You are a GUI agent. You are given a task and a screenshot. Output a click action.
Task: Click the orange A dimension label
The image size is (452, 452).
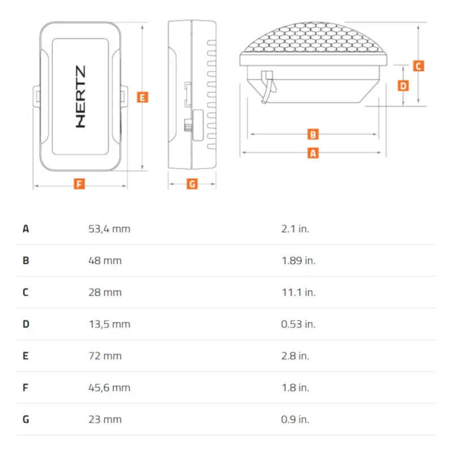(x=313, y=153)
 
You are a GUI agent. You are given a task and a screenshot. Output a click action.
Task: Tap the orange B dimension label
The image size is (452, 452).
(x=313, y=134)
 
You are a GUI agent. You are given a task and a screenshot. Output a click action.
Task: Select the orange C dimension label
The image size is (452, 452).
(x=418, y=66)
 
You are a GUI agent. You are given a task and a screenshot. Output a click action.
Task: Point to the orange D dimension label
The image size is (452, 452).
(x=403, y=86)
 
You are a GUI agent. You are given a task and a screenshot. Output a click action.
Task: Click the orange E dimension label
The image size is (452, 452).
(x=142, y=97)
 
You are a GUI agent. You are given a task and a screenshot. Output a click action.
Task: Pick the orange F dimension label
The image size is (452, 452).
(x=79, y=184)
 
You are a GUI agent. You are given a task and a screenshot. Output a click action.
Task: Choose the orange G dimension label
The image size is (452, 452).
(x=192, y=184)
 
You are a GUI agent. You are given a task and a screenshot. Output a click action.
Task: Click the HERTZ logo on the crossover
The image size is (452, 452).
(x=80, y=97)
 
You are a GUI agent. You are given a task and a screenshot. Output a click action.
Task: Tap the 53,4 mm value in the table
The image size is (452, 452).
(x=109, y=229)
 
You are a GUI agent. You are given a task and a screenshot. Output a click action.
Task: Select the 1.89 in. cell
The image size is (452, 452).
(x=298, y=260)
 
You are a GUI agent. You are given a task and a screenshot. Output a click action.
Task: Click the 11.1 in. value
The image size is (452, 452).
(x=298, y=292)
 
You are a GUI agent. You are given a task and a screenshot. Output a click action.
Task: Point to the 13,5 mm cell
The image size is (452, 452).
(x=110, y=324)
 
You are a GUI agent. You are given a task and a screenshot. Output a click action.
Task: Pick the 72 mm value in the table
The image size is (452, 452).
(x=105, y=356)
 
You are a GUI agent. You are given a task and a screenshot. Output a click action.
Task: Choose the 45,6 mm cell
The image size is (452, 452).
(x=109, y=388)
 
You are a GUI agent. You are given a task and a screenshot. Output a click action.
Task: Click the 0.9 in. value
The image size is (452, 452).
(x=295, y=419)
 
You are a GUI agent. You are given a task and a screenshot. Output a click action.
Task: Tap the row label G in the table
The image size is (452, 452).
(x=25, y=419)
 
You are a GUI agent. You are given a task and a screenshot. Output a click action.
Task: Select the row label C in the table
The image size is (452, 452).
(x=25, y=292)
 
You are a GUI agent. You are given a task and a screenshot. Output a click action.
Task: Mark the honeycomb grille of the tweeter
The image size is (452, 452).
(x=314, y=37)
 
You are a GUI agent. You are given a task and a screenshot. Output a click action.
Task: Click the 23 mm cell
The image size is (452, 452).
(x=105, y=419)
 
